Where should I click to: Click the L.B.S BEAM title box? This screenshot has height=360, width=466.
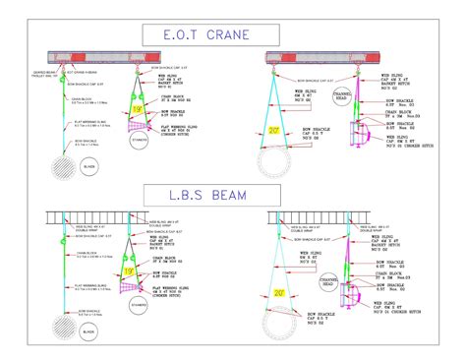click(233, 192)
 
